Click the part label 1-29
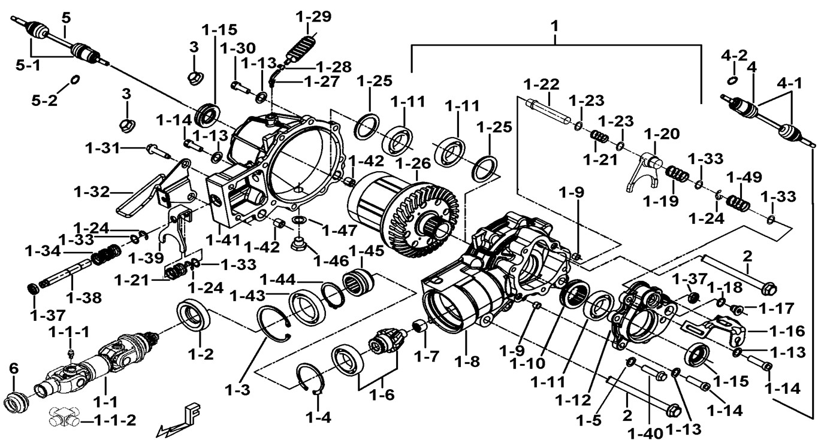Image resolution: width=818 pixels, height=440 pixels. coord(313,16)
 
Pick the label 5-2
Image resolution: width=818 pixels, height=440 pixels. coord(45,100)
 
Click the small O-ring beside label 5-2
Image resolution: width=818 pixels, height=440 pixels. coord(75,80)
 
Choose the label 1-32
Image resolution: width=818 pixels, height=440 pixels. coord(93,192)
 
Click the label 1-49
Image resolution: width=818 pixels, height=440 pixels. coord(744,178)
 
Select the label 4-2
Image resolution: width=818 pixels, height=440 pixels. coord(734,57)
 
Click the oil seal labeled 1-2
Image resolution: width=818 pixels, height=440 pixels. coord(194,316)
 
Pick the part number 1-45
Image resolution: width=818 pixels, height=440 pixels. coord(366,251)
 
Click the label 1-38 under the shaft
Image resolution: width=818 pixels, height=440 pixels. coord(83,296)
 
